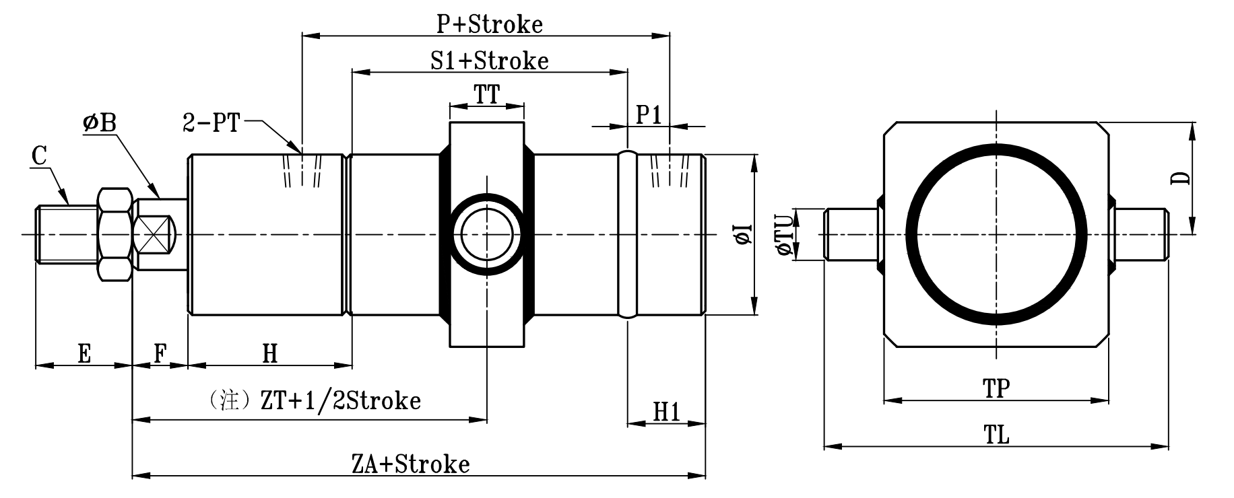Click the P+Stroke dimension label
coord(489,24)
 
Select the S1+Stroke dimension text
coord(490,61)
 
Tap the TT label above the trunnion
coord(487,95)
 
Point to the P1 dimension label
coord(649,115)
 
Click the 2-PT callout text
coord(211,123)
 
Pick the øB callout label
coord(100,122)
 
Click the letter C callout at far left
coord(40,157)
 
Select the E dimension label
coord(84,353)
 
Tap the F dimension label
coord(160,353)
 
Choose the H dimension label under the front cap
coord(269,353)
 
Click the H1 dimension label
coord(667,412)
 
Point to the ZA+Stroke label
coord(410,464)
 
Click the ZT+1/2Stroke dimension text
coord(340,400)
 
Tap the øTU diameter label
coord(784,235)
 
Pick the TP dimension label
coord(996,389)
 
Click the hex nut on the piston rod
coord(114,234)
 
